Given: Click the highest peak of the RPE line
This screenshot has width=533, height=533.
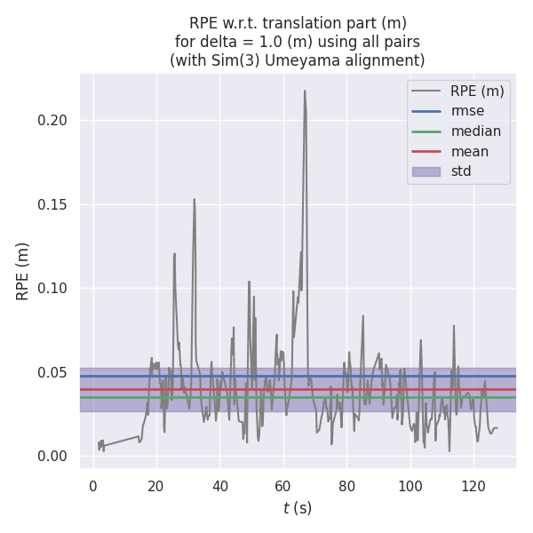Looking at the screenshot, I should pos(304,91).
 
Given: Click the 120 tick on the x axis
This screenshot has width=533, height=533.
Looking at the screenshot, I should pos(473,486).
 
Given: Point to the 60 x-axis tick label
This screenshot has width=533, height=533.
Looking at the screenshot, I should pos(283,486).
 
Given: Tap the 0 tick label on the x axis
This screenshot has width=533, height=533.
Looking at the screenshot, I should pos(93,486).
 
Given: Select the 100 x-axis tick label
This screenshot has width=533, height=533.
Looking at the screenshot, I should pos(410,486).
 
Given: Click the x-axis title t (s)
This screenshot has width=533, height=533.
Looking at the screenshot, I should pos(298,508).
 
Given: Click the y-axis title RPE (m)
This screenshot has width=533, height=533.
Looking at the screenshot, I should pos(23,271).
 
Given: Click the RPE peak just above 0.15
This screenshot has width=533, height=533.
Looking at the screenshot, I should pos(194,199).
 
